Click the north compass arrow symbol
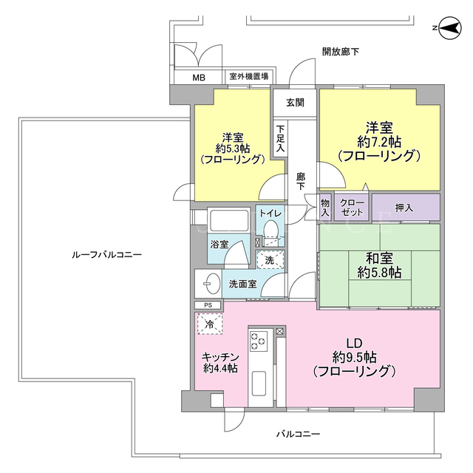tap(450, 28)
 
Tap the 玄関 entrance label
tap(295, 103)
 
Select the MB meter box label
tap(199, 78)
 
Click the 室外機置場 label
tap(249, 76)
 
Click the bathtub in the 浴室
tap(229, 220)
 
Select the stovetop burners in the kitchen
tap(259, 341)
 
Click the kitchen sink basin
tap(259, 384)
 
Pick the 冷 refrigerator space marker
tap(210, 324)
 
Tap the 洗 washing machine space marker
tap(270, 259)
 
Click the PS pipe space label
tap(208, 305)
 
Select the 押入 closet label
tap(404, 208)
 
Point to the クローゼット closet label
tap(352, 207)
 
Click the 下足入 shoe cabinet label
tap(280, 138)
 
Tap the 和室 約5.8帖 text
tap(379, 265)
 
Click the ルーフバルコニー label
tap(106, 255)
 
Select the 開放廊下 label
tap(341, 52)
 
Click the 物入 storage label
tap(325, 208)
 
